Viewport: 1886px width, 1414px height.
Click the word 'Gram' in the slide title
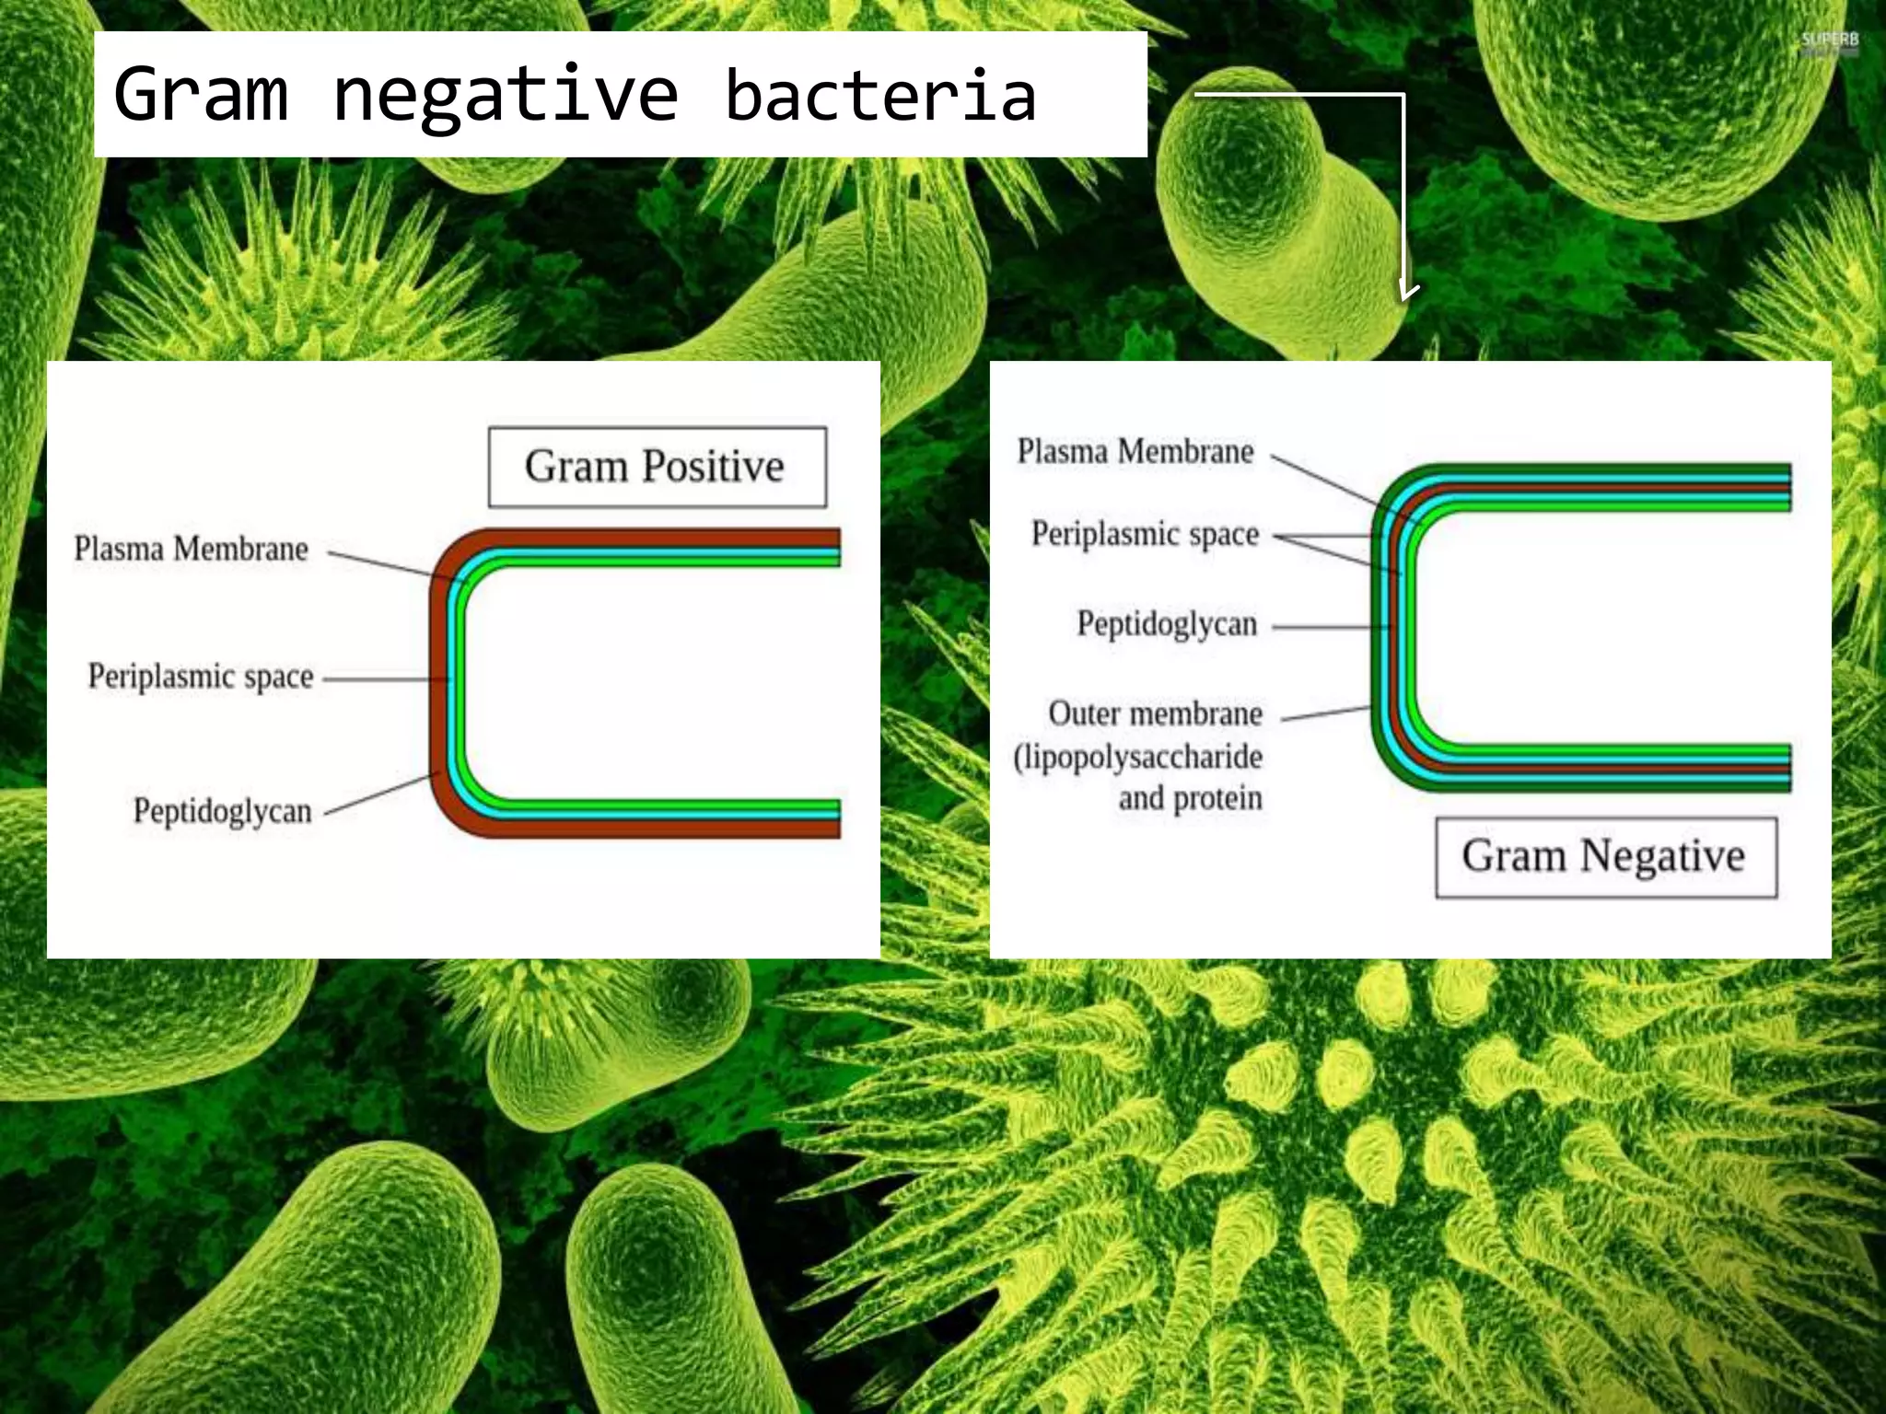[x=201, y=95]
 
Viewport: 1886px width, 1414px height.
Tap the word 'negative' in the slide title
[x=506, y=95]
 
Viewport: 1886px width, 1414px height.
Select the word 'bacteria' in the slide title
[x=880, y=95]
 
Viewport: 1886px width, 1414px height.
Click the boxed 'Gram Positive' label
[x=656, y=467]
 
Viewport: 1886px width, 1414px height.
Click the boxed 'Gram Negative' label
[x=1604, y=856]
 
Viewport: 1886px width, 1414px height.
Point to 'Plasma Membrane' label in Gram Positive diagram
[x=192, y=550]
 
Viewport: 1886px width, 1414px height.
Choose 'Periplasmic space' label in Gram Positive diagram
[x=201, y=677]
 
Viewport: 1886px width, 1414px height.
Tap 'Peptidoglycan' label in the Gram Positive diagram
[x=223, y=811]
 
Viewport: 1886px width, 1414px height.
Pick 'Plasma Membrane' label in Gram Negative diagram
[x=1135, y=452]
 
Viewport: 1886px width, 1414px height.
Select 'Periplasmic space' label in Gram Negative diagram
[x=1146, y=534]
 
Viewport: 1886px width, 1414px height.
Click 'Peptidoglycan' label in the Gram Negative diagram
[x=1167, y=624]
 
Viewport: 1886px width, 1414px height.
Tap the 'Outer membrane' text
[x=1155, y=713]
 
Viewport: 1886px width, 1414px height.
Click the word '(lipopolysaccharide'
[x=1138, y=757]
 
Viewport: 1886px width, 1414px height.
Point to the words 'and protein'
[x=1190, y=798]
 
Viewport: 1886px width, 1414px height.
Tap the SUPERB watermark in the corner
[x=1829, y=41]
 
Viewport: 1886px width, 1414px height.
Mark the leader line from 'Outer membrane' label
[x=1326, y=713]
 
